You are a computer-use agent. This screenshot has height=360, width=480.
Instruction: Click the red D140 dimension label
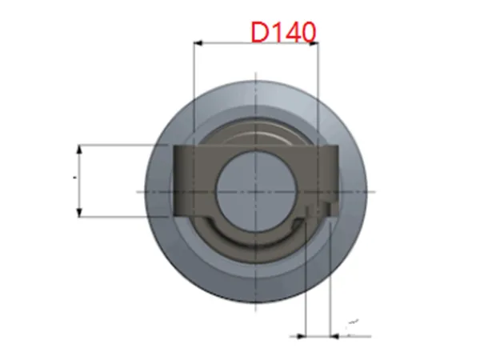pos(283,32)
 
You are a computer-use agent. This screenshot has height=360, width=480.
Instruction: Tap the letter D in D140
pos(259,32)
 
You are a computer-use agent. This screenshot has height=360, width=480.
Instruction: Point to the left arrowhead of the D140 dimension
pos(198,43)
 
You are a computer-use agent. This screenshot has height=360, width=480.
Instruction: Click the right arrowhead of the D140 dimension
pos(314,43)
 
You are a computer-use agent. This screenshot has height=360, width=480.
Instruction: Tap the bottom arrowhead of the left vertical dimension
pos(79,212)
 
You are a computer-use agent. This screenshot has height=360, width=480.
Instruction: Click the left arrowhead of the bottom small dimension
pos(302,337)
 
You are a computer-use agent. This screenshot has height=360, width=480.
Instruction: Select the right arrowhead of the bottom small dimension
pos(335,337)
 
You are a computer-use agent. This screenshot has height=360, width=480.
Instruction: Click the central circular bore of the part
pos(256,191)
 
